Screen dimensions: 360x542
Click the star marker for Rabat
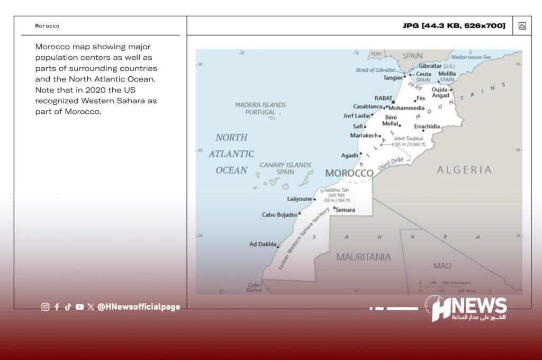(x=393, y=102)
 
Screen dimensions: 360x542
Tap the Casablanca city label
(x=368, y=107)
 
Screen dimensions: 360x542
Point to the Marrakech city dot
(x=380, y=136)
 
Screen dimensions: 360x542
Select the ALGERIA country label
(x=464, y=170)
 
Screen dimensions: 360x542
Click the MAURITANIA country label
(x=364, y=257)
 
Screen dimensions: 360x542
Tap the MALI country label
(x=442, y=266)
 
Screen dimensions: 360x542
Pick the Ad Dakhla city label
(x=263, y=245)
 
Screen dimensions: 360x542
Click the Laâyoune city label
(x=300, y=199)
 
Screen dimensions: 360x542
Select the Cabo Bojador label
(x=280, y=215)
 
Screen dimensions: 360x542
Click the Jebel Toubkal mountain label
(x=408, y=139)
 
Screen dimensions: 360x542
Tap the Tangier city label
(x=393, y=78)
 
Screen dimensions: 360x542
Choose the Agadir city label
(x=350, y=156)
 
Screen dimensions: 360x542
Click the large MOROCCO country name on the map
(x=349, y=173)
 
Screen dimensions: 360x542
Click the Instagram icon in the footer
(x=46, y=307)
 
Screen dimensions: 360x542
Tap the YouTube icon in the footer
(x=79, y=307)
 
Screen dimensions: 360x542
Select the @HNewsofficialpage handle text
(x=139, y=307)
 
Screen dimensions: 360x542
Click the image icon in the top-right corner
(x=522, y=26)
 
